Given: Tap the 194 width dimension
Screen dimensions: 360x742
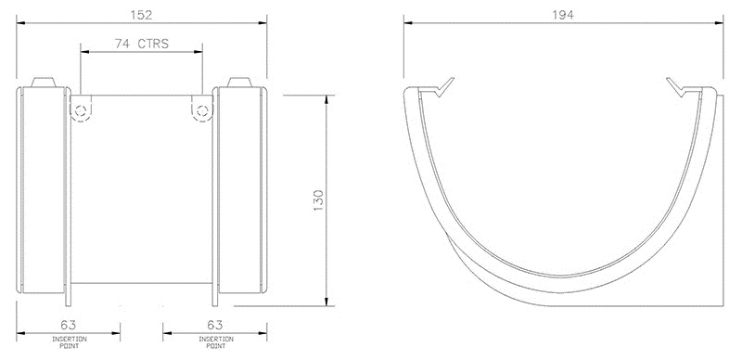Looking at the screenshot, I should click(x=564, y=16).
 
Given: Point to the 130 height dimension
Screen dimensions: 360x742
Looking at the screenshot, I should click(x=318, y=199).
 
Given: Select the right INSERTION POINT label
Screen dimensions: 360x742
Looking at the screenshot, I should click(x=214, y=342).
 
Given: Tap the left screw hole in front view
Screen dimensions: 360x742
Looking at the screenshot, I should click(x=82, y=110).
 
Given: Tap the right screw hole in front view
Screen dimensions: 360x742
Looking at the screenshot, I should click(x=201, y=110).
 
